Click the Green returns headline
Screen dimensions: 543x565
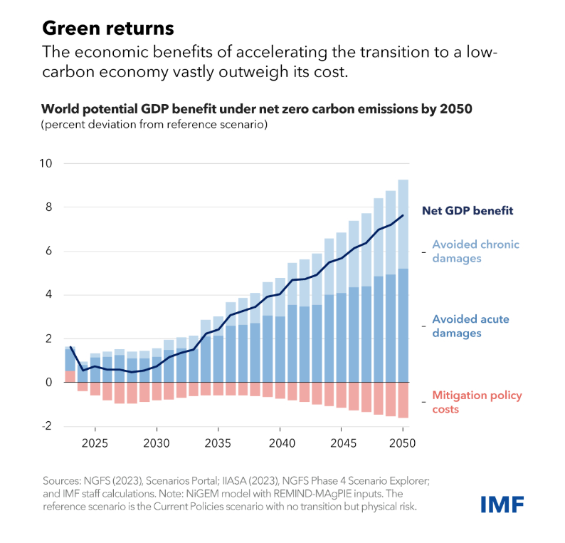(x=107, y=28)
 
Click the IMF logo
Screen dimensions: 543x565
(x=502, y=505)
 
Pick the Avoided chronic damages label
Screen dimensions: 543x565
(x=475, y=252)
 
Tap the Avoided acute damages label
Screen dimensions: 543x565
(x=470, y=326)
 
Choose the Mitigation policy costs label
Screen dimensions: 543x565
(x=477, y=402)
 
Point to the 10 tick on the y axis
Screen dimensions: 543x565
(x=46, y=163)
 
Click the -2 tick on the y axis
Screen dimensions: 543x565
(x=47, y=425)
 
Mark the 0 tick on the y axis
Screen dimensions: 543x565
(x=49, y=382)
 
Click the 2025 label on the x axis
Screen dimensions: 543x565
(x=94, y=442)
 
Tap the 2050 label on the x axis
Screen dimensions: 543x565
(x=403, y=442)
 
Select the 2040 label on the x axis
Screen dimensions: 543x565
(x=280, y=442)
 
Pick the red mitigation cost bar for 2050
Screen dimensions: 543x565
(x=403, y=400)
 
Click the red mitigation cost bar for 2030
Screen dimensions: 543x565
(x=156, y=391)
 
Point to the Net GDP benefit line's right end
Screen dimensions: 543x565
(x=403, y=215)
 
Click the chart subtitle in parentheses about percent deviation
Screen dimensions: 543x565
(x=154, y=125)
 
